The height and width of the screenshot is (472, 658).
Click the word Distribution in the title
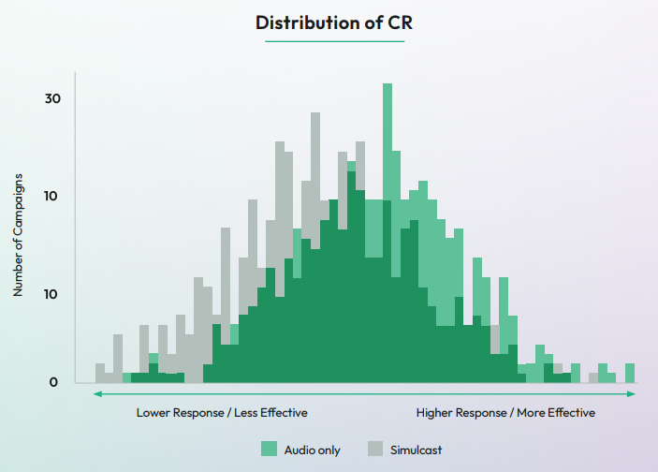(304, 22)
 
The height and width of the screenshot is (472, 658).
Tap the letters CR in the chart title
(398, 22)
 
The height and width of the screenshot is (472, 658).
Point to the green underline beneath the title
(334, 42)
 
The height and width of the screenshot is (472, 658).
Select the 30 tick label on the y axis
(52, 98)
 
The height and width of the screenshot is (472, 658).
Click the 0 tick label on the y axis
(53, 381)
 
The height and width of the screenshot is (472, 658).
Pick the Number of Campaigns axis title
(18, 235)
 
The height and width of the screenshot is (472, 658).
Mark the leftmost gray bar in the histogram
(100, 373)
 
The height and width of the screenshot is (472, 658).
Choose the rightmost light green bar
(630, 373)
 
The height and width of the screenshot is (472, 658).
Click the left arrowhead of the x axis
(95, 394)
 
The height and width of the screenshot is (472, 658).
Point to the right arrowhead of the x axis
(633, 394)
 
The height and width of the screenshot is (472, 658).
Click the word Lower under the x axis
(154, 412)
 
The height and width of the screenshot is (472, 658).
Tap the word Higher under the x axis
(436, 412)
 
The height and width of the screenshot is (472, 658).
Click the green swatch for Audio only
(270, 450)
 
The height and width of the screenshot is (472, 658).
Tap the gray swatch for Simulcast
(376, 450)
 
